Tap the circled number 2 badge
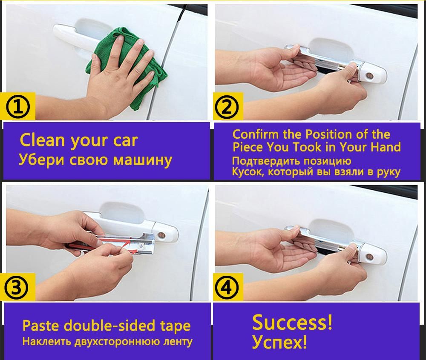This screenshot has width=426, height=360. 227,107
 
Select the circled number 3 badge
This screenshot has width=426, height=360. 16,288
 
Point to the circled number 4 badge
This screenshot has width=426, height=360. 227,288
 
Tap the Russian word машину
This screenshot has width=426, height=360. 143,160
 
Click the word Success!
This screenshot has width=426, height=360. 292,322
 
